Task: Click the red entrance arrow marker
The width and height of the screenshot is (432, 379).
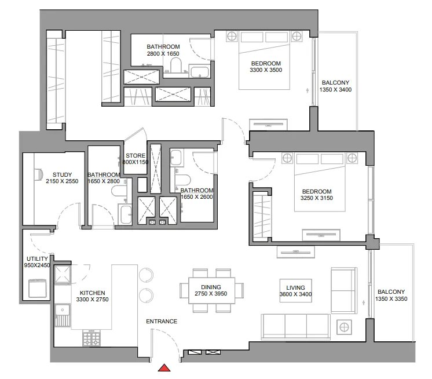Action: (165, 367)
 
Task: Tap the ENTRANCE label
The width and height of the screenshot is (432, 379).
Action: (162, 322)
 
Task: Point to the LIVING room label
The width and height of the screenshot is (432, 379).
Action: (287, 287)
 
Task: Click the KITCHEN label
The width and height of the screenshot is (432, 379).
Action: (93, 293)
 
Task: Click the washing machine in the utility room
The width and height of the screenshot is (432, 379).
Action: (37, 287)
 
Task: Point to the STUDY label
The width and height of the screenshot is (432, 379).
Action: (62, 174)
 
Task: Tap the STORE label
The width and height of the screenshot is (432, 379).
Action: (135, 155)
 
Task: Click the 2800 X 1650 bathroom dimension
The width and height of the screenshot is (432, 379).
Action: (163, 54)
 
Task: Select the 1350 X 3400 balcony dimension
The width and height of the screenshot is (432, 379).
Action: (336, 90)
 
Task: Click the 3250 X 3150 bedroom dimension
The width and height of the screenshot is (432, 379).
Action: (316, 199)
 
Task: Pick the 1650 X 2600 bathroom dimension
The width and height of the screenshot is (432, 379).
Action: (197, 198)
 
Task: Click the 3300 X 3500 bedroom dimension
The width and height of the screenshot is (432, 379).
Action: (266, 71)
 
